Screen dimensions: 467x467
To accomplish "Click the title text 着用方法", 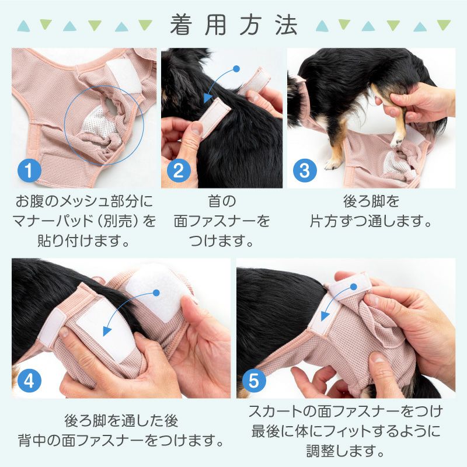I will point(233,25).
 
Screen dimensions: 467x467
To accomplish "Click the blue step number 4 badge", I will point(29,380).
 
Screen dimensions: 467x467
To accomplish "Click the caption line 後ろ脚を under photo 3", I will point(371,202).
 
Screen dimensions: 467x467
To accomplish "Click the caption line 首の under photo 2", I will point(222,202).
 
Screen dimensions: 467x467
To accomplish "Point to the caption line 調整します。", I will point(346,451).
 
